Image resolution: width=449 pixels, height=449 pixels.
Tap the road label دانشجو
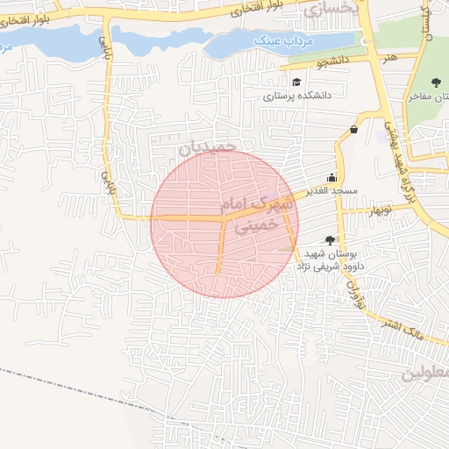point(310,62)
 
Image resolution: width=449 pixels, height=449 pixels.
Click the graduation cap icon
point(296,82)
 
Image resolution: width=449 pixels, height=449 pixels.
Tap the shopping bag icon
point(353,130)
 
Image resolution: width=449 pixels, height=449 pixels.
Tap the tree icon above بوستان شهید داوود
point(330,239)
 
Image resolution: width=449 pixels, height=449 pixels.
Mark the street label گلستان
point(426,26)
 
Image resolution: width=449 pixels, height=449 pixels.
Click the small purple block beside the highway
point(383,138)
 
